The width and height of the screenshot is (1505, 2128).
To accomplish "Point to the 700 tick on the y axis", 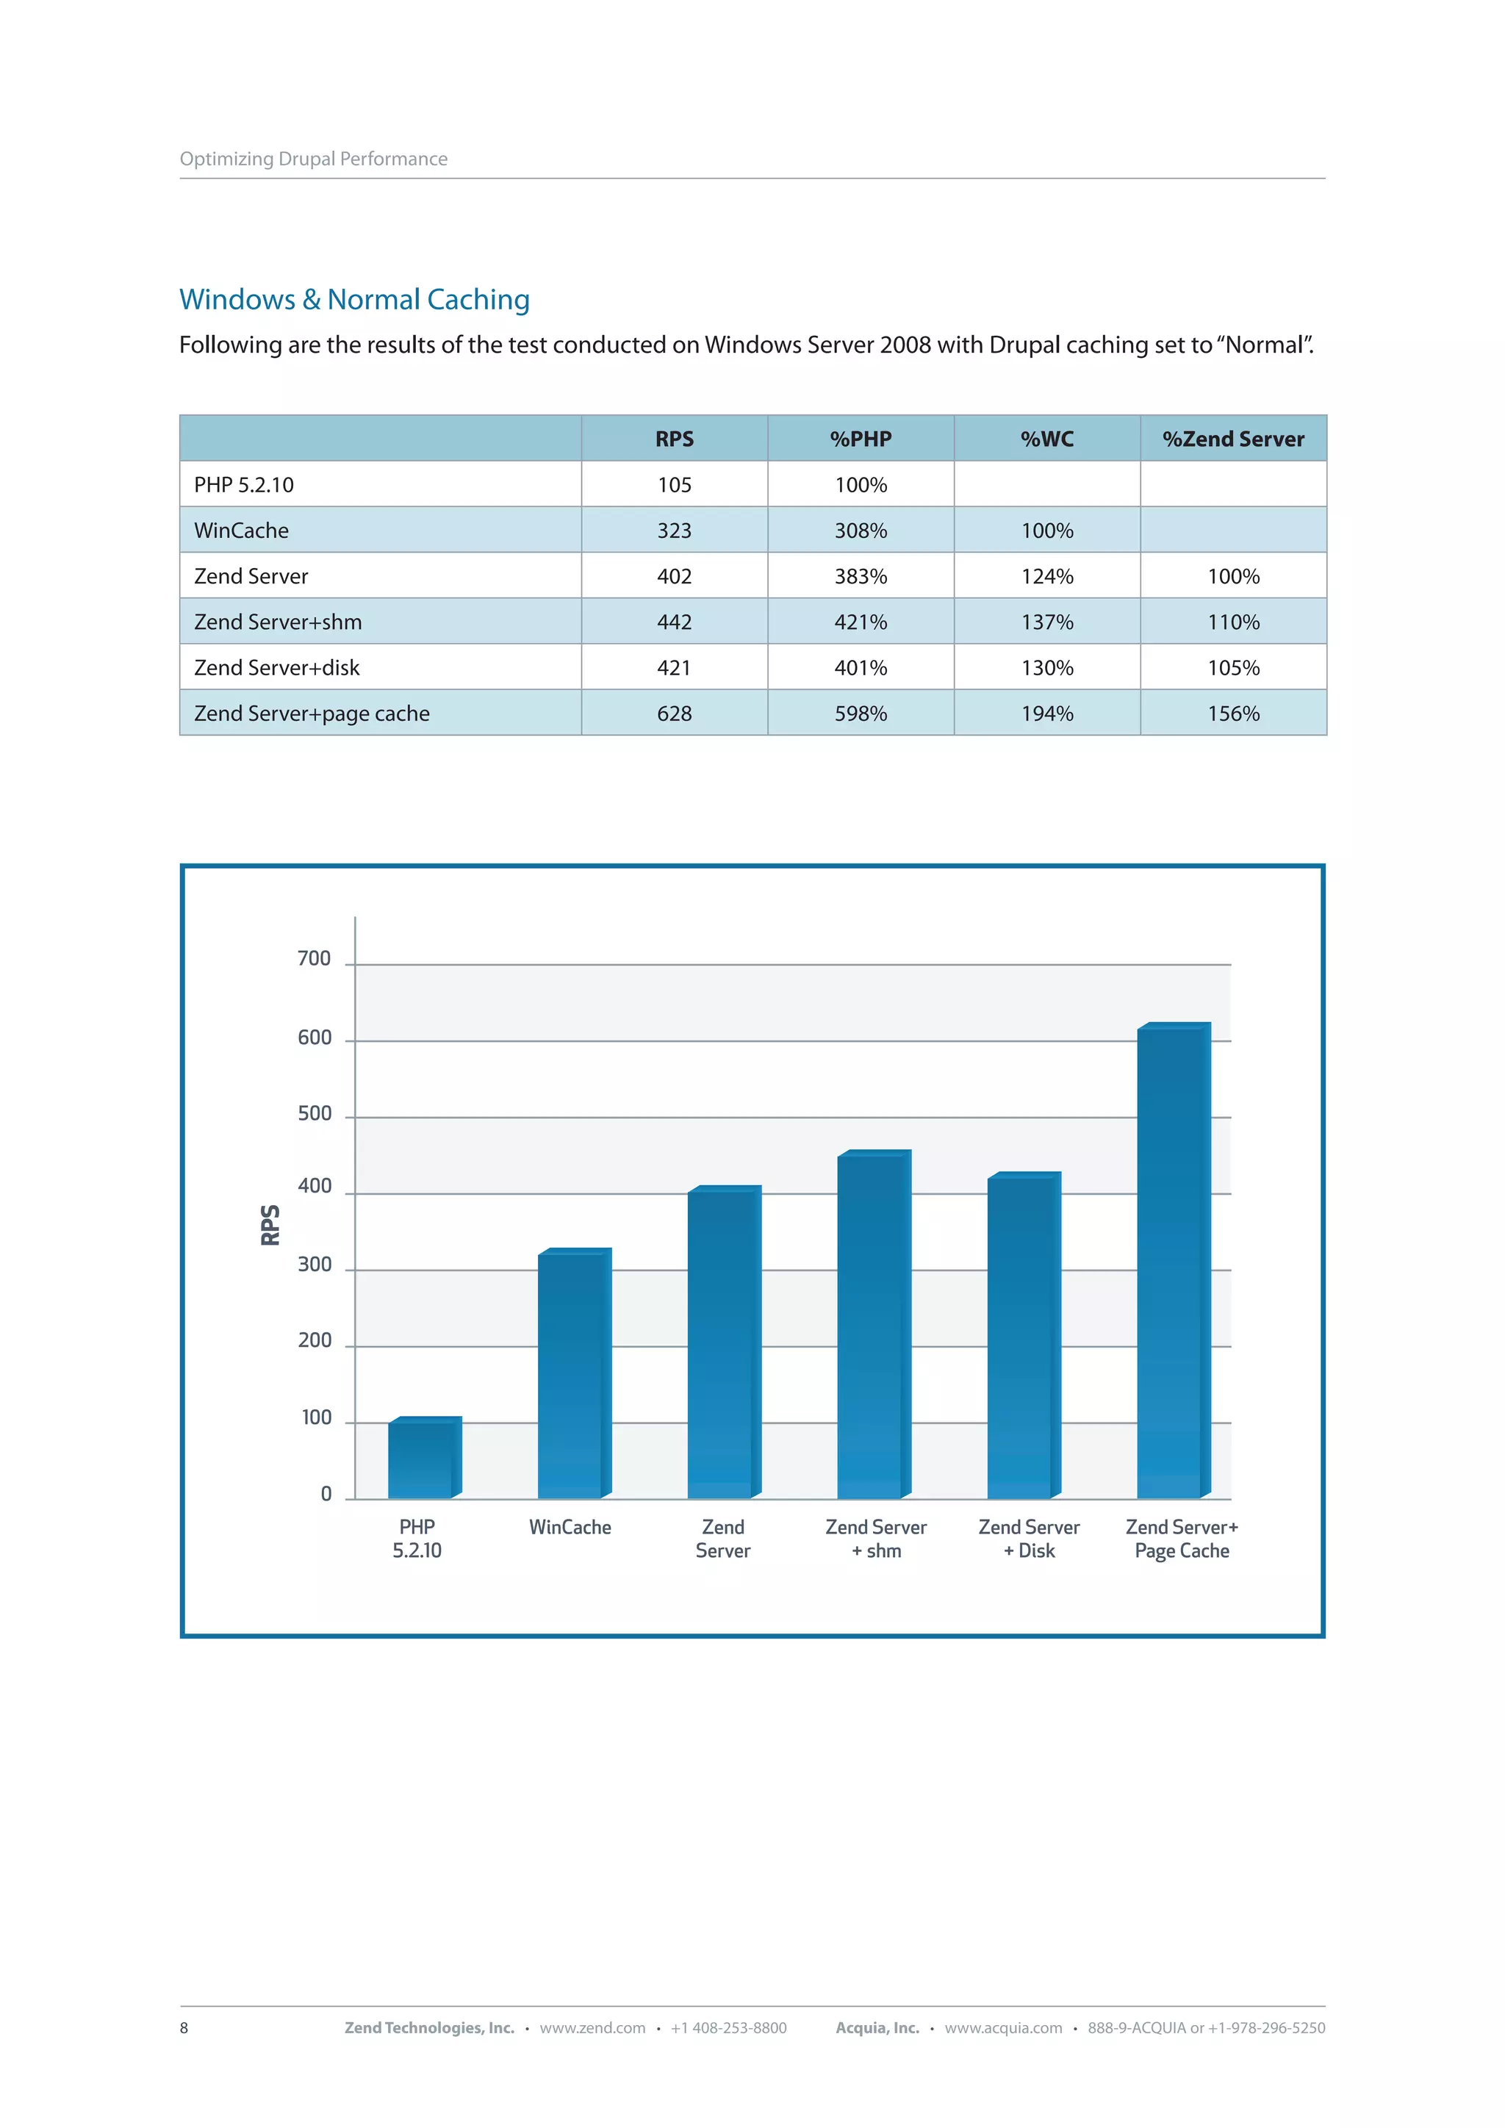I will (x=315, y=958).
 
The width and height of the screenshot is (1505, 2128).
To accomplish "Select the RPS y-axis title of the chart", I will (x=270, y=1224).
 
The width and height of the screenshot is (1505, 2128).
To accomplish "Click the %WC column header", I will (x=1046, y=439).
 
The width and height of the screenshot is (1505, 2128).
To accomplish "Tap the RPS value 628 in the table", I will (x=674, y=713).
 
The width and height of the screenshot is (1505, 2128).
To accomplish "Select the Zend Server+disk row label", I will (x=276, y=668).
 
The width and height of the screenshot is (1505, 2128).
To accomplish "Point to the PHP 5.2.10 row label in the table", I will (x=244, y=485).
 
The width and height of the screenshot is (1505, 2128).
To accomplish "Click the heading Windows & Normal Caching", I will (x=354, y=299).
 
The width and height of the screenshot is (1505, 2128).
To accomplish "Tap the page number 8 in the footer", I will (x=184, y=2028).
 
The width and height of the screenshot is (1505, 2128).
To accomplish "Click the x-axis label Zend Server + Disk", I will (x=1029, y=1539).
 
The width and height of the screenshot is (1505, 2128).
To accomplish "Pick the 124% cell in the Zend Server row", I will (x=1046, y=577).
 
